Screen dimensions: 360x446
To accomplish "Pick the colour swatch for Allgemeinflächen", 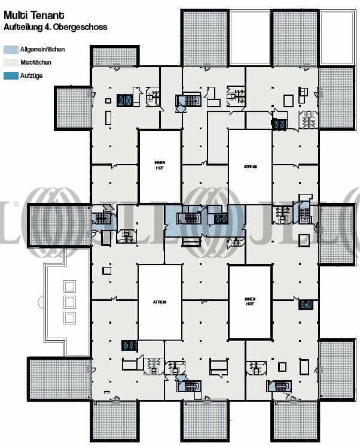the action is coord(11,50).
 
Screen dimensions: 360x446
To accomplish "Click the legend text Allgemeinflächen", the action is coord(42,50).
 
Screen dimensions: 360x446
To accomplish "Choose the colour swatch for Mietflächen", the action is coord(11,62).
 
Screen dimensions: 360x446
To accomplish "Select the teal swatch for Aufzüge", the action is coord(11,75).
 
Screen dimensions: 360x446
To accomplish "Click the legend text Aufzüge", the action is coord(30,75).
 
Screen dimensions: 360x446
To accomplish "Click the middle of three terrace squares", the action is coord(69,302).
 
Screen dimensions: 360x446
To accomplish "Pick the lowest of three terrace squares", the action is coord(69,318).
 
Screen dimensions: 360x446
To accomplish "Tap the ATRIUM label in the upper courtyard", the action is coord(250,167).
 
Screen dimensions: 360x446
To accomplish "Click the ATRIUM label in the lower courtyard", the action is coord(160,302).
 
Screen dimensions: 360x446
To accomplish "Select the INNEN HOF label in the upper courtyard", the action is coord(160,165).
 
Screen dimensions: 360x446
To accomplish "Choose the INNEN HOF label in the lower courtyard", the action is coord(250,301).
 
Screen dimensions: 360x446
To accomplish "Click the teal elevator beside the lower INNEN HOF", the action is coord(306,305).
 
